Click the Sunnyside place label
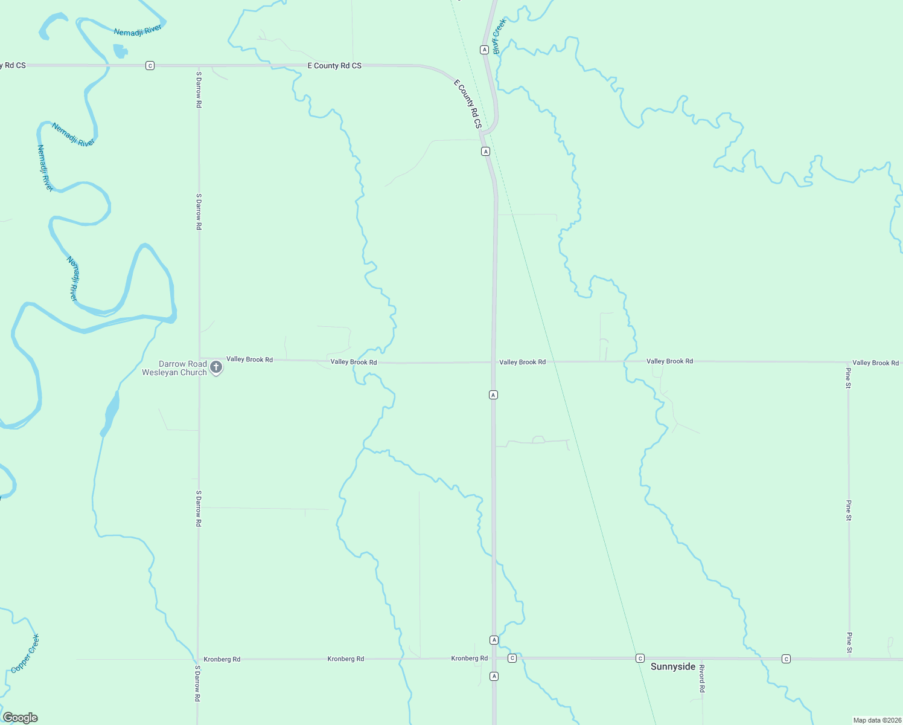673,666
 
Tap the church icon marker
216,367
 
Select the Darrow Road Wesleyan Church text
174,368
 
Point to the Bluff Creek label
499,36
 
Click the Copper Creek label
25,653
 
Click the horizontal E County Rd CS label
334,65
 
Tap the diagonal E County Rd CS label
468,103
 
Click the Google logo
21,718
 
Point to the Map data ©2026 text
877,720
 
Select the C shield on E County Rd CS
150,65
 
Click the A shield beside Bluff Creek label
484,50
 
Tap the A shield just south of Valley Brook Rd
493,395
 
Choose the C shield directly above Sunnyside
640,658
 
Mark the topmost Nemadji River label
138,30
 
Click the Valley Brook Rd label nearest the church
249,359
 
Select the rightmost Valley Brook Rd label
875,362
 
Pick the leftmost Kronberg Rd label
222,659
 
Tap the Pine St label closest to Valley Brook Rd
848,378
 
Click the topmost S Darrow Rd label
199,89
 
